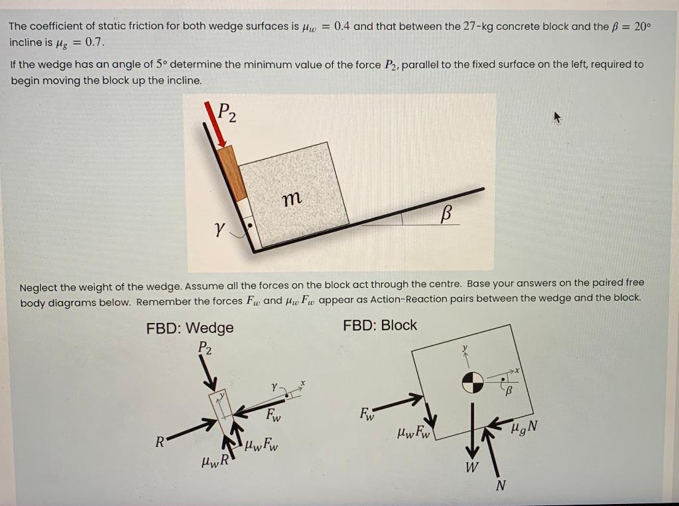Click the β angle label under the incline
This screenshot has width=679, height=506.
446,214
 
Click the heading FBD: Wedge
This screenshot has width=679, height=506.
190,328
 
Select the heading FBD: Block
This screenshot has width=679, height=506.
380,325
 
